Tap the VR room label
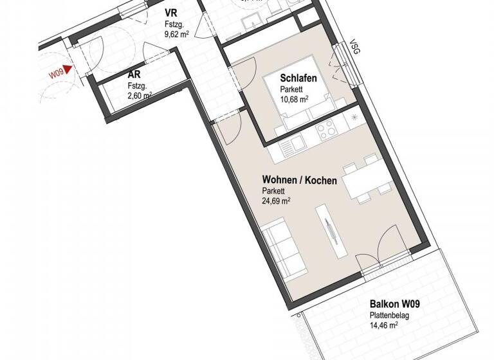[x=172, y=13]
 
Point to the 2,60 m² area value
[x=140, y=96]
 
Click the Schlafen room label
[x=298, y=78]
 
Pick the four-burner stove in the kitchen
[x=326, y=130]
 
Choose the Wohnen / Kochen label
[x=299, y=181]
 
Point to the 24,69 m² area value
[x=276, y=201]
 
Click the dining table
[x=364, y=184]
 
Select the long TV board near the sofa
[x=329, y=231]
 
